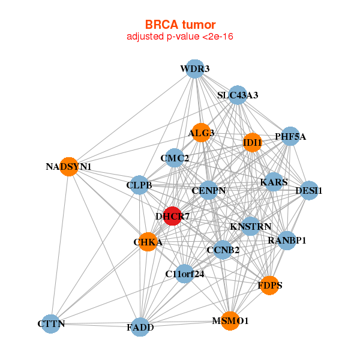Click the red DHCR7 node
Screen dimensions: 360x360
point(172,216)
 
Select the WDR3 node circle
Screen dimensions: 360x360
point(194,69)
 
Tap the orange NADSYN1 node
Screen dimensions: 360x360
point(69,166)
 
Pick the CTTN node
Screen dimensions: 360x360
point(50,324)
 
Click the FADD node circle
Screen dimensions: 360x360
point(140,327)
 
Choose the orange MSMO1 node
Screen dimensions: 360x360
point(230,321)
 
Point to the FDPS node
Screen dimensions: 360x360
point(270,285)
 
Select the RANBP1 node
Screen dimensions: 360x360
point(287,241)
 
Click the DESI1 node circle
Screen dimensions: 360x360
point(309,191)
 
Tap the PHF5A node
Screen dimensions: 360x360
point(290,137)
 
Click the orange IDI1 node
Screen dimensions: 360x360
point(253,143)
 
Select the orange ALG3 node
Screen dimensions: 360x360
point(201,133)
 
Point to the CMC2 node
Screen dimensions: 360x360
point(175,158)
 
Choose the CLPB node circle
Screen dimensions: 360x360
point(139,185)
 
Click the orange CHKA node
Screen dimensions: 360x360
point(148,242)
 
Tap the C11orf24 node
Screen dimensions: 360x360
point(185,274)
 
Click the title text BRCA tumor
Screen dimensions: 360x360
point(180,25)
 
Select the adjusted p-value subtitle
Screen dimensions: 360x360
point(180,37)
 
